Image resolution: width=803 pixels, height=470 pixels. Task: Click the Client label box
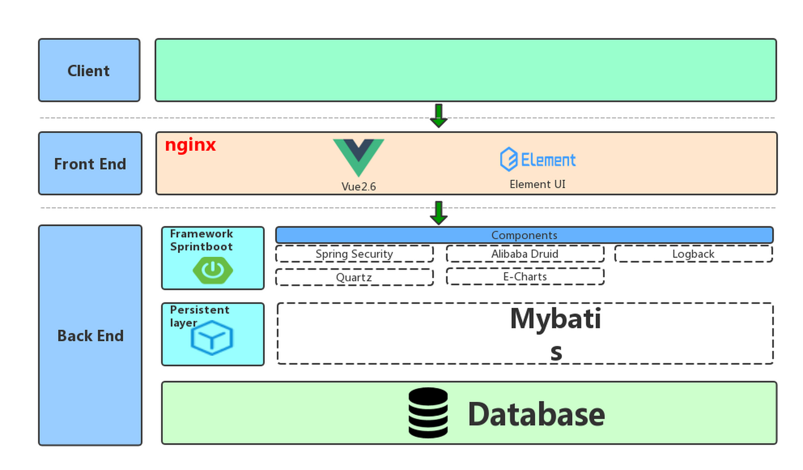coord(89,70)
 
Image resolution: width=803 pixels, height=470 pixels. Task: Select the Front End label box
coord(90,163)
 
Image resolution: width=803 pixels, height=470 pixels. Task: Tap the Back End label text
coord(90,336)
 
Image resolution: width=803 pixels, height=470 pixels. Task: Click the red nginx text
coord(190,145)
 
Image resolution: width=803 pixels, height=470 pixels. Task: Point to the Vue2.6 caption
coord(358,187)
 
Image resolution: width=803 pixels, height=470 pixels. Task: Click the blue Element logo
coord(537,159)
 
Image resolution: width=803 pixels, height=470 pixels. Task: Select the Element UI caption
coord(537,184)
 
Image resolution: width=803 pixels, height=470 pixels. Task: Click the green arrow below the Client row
coord(438,116)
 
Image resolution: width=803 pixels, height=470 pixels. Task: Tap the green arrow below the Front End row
coord(438,213)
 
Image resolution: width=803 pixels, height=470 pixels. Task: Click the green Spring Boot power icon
coord(213,270)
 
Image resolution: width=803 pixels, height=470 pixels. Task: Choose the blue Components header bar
coord(524,235)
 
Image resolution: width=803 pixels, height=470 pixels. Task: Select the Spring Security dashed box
coord(354,254)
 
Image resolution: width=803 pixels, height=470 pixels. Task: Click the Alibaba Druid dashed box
coord(525,254)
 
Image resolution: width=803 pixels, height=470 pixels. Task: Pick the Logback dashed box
coord(693,254)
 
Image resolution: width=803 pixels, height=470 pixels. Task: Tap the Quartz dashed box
coord(354,277)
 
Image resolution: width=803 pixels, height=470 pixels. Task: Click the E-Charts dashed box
coord(525,276)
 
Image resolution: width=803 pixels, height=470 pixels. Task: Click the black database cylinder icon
coord(428,413)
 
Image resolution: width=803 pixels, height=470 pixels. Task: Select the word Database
coord(536,414)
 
